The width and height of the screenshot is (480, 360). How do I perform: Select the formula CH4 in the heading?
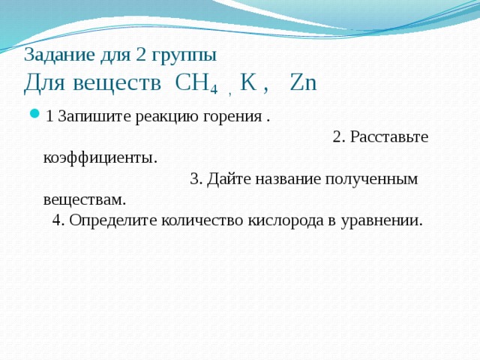196,82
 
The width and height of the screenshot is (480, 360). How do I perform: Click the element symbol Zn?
303,82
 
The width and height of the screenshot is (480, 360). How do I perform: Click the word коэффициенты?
100,158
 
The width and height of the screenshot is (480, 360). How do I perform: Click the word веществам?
84,199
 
